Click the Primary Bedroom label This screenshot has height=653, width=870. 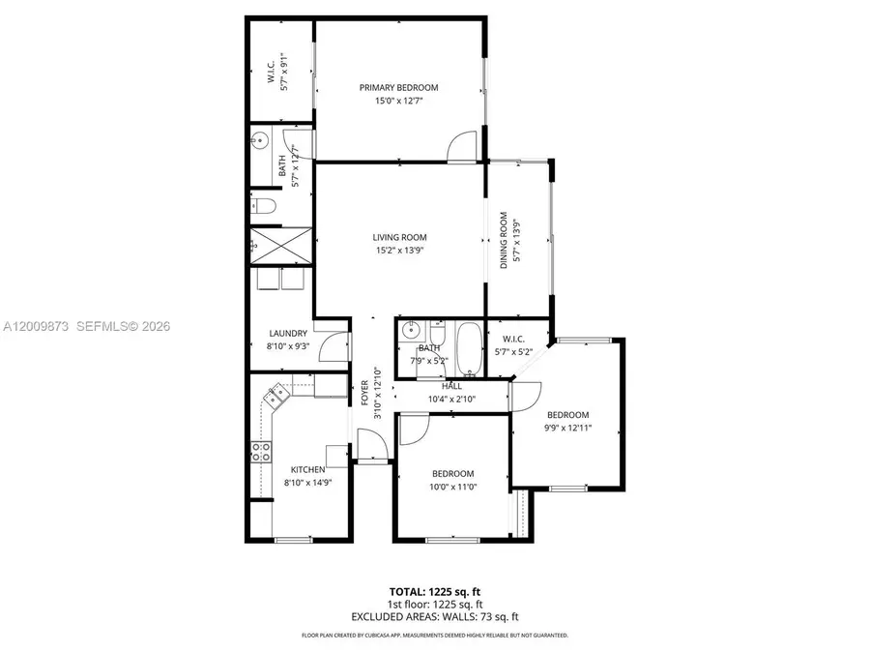click(399, 87)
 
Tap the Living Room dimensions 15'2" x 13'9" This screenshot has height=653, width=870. click(399, 251)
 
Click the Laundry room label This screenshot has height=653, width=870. click(287, 333)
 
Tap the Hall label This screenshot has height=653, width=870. click(452, 386)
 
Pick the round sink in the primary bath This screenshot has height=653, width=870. click(259, 141)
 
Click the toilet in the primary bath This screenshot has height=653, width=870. click(264, 205)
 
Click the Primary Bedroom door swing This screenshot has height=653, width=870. click(461, 148)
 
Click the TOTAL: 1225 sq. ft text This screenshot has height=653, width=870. click(435, 590)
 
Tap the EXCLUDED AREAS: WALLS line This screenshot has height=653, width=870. click(435, 616)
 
